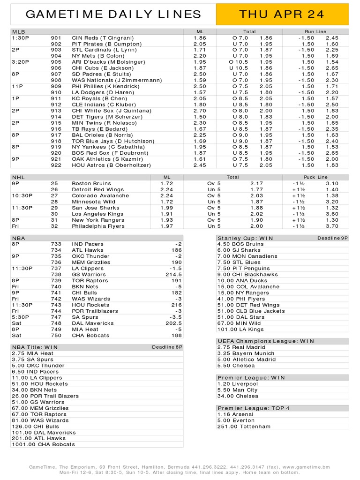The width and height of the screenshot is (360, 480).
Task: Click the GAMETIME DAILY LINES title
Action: (113, 15)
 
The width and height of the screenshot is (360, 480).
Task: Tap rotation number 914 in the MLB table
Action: (56, 117)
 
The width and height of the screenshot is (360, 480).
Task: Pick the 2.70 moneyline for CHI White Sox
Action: (200, 111)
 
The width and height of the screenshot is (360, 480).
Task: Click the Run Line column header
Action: (315, 31)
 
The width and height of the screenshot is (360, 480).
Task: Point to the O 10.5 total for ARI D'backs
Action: (240, 62)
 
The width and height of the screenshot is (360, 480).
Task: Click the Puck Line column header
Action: (316, 177)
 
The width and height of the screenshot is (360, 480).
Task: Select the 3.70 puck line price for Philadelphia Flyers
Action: (332, 226)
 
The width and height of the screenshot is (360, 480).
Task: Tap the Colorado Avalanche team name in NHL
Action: (100, 195)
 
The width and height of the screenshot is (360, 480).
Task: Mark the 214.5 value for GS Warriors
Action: (173, 275)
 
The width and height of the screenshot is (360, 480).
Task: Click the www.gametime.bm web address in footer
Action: (306, 467)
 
